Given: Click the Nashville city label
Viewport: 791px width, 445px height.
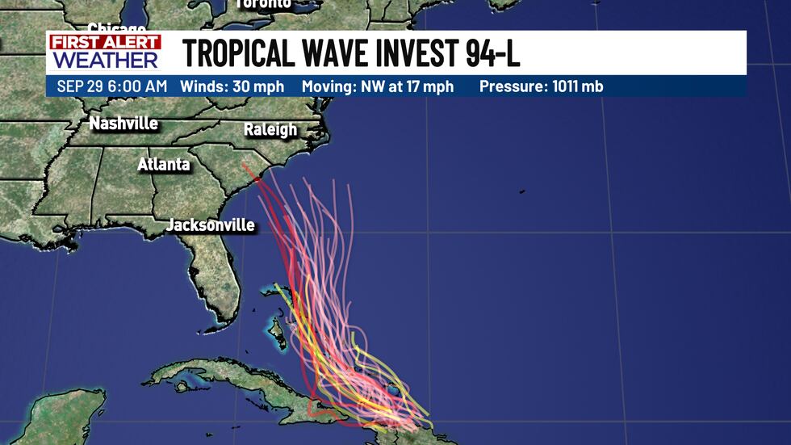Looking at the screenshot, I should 123,124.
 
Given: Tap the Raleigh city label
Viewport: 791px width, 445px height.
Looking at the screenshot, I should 270,129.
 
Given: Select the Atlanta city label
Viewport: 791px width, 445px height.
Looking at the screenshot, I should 164,165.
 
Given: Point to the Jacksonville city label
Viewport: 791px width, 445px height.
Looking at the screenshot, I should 211,225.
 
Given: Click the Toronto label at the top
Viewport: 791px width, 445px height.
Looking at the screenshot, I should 263,4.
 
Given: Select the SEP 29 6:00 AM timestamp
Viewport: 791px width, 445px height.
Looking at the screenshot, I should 111,86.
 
